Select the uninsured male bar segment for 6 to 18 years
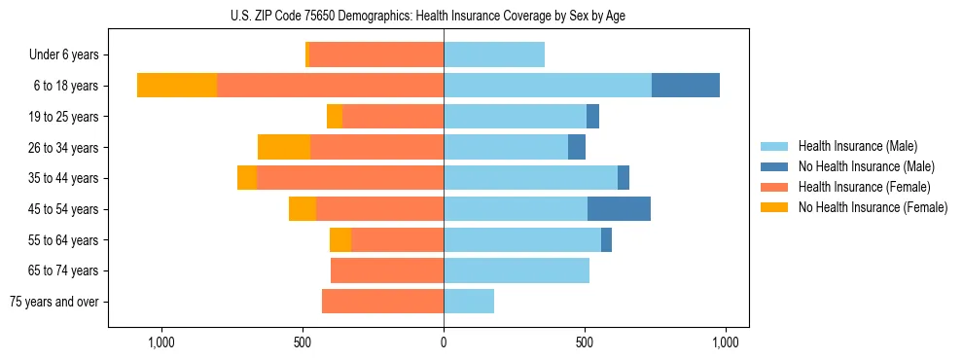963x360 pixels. coord(686,86)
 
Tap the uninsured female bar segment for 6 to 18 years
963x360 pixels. coord(176,86)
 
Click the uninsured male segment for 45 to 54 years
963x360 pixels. coord(619,209)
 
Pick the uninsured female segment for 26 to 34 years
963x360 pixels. coord(284,147)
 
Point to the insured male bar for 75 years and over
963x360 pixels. coord(469,302)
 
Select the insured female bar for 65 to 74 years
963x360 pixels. coord(387,270)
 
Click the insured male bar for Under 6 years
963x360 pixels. coord(494,54)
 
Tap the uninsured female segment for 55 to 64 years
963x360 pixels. coord(340,240)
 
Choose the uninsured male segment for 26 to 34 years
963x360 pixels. coord(577,147)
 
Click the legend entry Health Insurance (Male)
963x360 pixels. coord(857,146)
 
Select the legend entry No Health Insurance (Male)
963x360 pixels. coord(866,166)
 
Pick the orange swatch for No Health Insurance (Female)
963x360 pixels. coord(775,207)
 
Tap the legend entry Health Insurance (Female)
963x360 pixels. coord(864,187)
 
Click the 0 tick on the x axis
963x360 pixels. coord(444,342)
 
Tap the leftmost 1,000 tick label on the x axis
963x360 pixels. coord(160,342)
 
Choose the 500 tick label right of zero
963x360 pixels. coord(585,342)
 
